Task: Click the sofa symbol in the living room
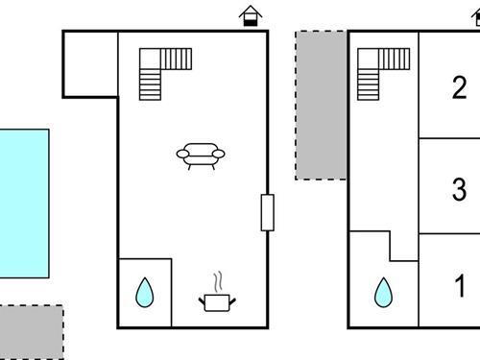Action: [202, 156]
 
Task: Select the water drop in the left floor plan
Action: [144, 292]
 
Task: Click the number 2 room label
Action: [459, 88]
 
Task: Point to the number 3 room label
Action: [459, 190]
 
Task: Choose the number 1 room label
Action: [459, 286]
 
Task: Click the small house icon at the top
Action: [251, 15]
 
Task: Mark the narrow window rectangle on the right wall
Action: [267, 212]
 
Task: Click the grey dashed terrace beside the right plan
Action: [321, 106]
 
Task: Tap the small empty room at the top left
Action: [90, 63]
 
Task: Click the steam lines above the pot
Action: [219, 281]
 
